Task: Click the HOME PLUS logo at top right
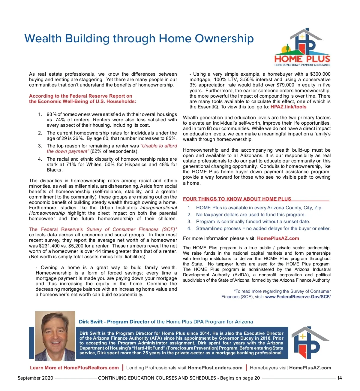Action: tap(302, 47)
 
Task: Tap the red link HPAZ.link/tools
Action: tap(288, 107)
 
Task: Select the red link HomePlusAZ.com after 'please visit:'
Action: tap(278, 238)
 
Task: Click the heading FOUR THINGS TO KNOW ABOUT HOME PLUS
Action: tap(237, 199)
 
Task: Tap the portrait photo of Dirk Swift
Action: tap(55, 336)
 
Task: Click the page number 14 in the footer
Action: tap(339, 378)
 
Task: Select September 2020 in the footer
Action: tap(35, 378)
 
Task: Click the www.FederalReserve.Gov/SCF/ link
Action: tap(298, 297)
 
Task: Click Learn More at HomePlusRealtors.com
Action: tap(74, 368)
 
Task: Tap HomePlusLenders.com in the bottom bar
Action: tap(215, 368)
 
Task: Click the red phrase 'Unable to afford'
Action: tap(159, 146)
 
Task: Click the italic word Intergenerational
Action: tap(158, 208)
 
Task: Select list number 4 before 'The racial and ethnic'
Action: tap(40, 159)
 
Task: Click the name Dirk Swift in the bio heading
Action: tap(91, 322)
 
